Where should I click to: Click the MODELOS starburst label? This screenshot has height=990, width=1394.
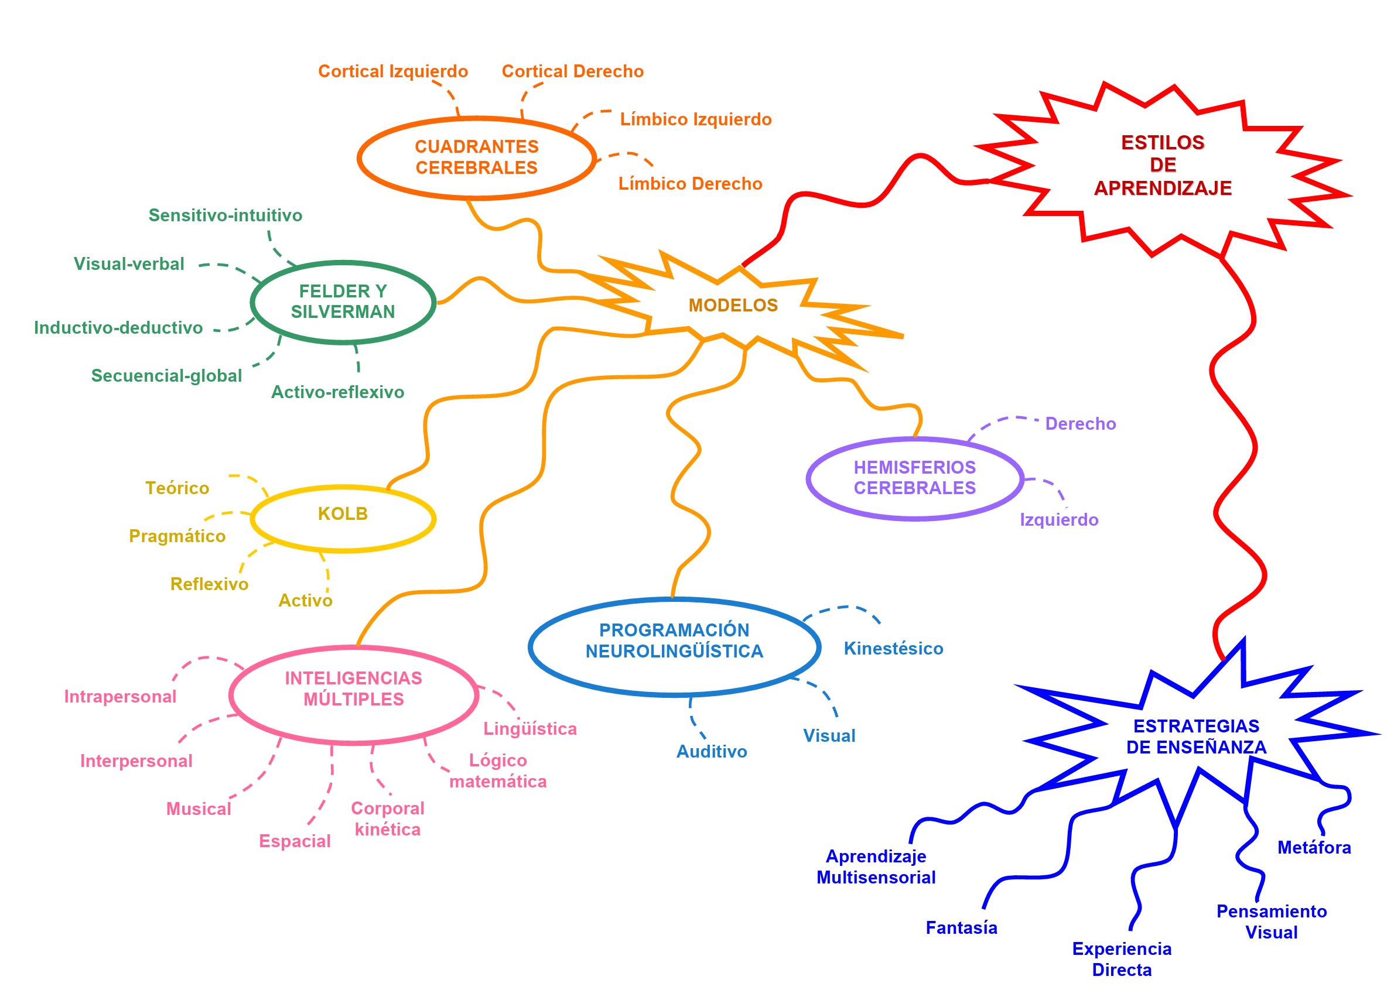coord(733,306)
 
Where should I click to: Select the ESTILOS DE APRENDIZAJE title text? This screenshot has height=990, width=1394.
coord(1162,165)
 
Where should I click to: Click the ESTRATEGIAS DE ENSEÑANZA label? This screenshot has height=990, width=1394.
coord(1196,736)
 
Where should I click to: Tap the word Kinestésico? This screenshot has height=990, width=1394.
coord(893,649)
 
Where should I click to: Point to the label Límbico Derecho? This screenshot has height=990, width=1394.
coord(691,183)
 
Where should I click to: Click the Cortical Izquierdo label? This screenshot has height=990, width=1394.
coord(394,71)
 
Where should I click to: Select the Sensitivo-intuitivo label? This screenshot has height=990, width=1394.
coord(225,215)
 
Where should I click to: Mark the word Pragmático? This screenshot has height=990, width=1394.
coord(177,536)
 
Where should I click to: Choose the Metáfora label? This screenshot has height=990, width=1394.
coord(1314,848)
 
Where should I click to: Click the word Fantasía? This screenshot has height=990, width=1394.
coord(962,928)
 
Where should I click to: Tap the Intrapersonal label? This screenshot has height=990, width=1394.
coord(120,697)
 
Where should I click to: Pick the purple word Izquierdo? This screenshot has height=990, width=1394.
coord(1059,520)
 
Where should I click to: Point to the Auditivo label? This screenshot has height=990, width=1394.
coord(712,752)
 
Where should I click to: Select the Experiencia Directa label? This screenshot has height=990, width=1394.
coord(1122,960)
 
